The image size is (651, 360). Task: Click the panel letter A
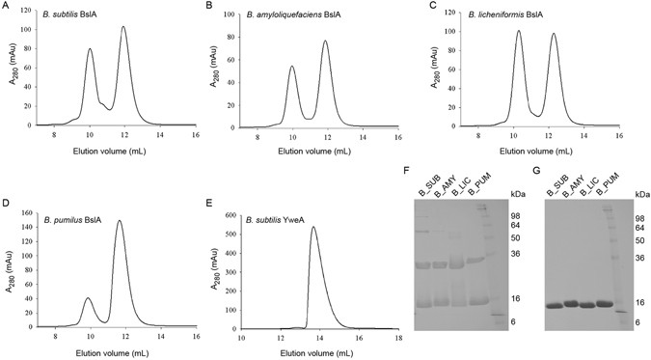5,7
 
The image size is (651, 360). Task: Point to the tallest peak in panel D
120,221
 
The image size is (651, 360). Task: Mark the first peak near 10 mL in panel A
90,49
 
